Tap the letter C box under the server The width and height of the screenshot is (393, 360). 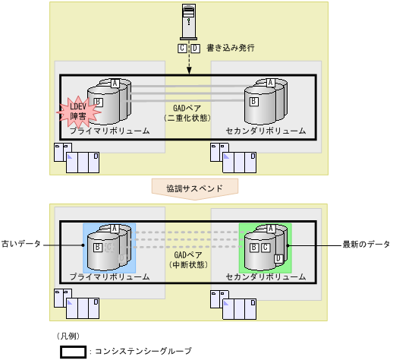(182, 48)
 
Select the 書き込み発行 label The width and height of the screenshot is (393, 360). (230, 48)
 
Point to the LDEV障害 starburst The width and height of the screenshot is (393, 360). (78, 112)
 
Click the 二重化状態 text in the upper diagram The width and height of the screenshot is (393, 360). (187, 119)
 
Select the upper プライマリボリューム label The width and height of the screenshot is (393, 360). (109, 131)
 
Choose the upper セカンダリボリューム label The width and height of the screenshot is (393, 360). (266, 131)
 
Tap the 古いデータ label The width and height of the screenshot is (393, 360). (21, 245)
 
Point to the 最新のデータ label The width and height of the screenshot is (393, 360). (366, 245)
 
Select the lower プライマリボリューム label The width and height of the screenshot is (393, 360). (109, 277)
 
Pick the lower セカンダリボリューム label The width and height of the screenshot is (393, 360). (266, 277)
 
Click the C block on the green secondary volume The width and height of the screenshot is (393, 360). (265, 246)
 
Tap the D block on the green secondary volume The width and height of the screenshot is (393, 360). (278, 258)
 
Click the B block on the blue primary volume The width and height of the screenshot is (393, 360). (98, 247)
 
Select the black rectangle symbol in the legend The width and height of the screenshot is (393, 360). (73, 352)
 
